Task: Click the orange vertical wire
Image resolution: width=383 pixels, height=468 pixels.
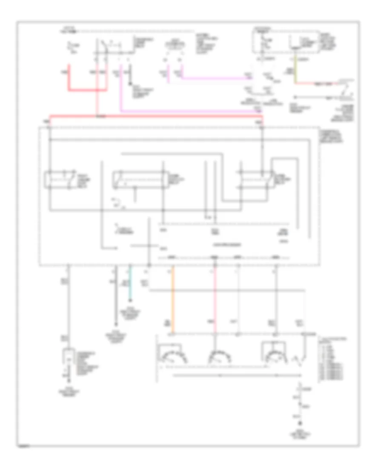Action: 172,302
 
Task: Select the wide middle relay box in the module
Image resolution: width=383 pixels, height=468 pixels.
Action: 138,180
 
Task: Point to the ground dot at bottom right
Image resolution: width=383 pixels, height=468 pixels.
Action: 301,424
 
